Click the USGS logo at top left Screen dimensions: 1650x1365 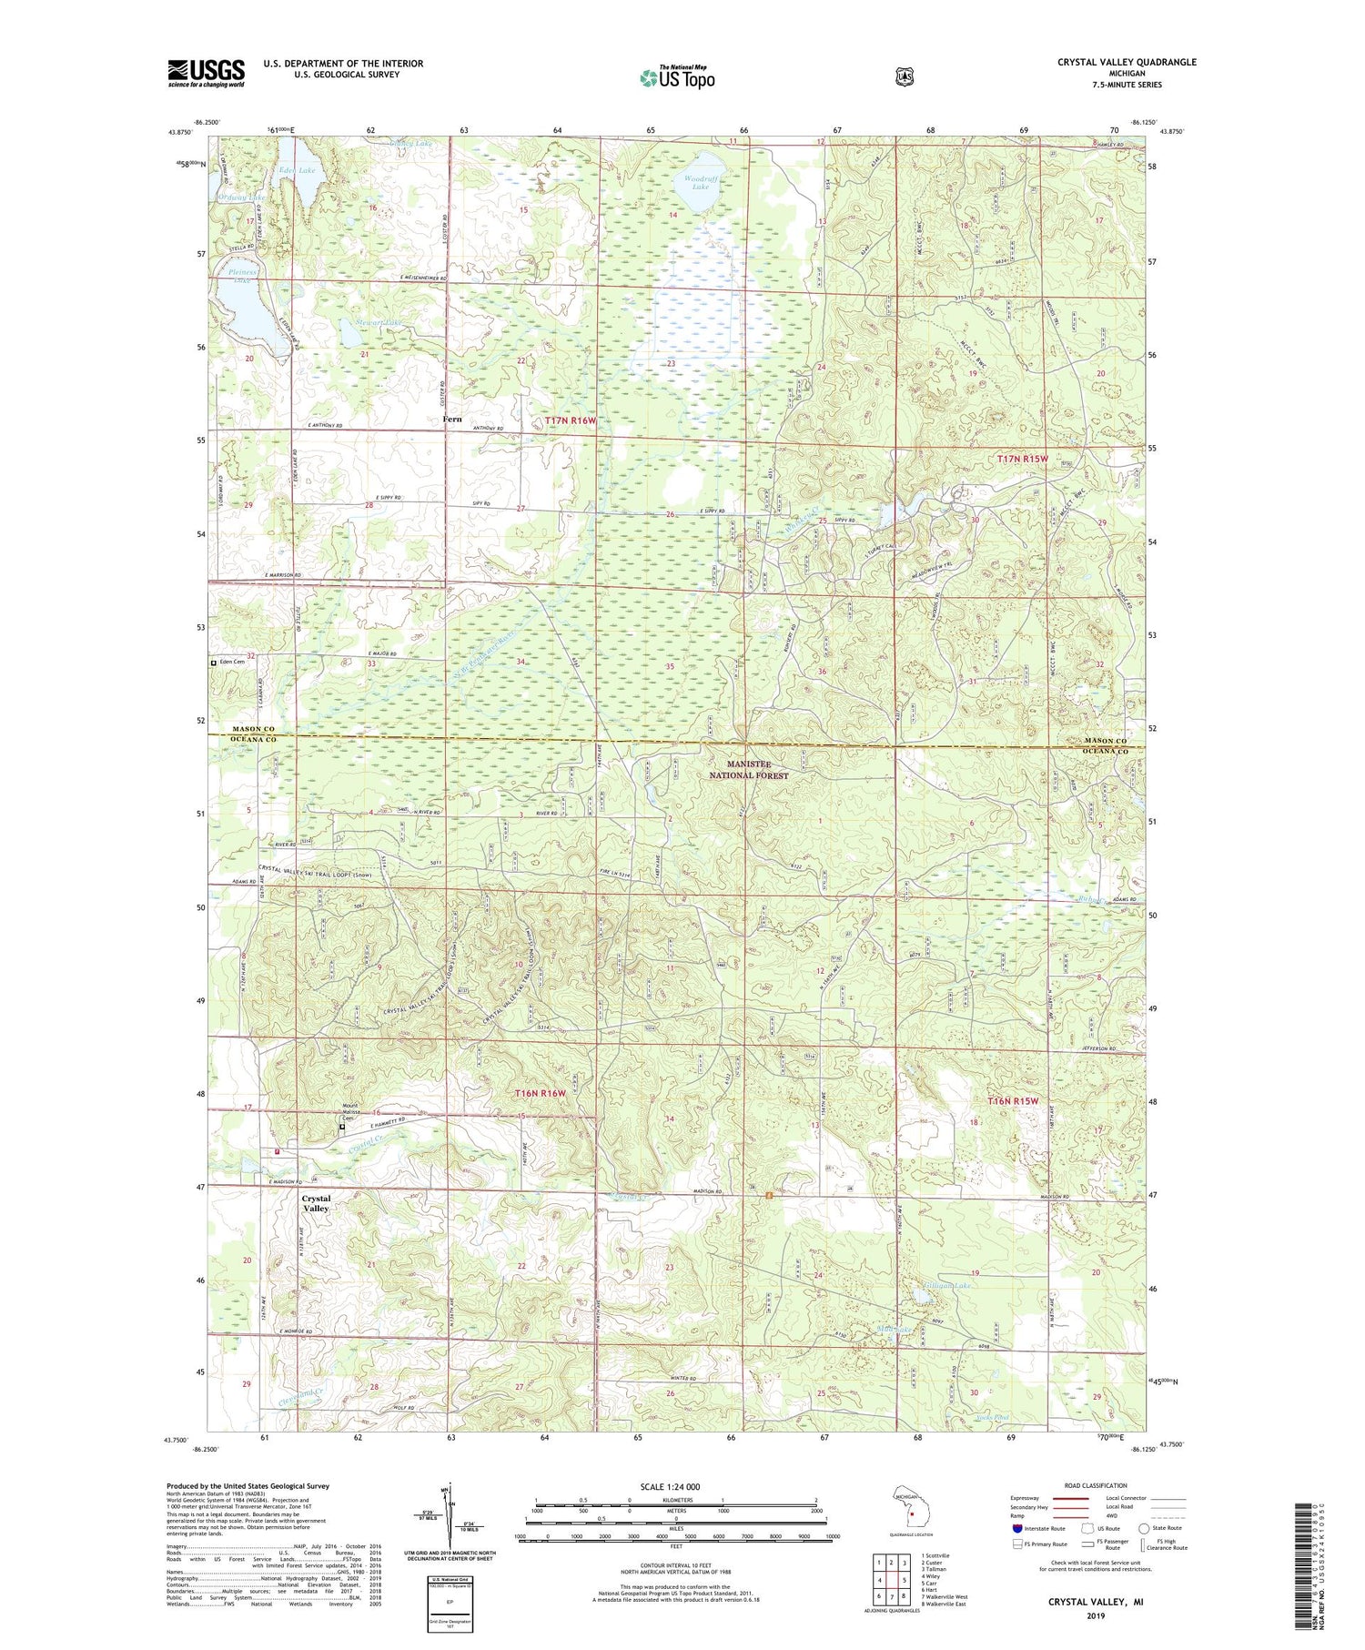coord(206,73)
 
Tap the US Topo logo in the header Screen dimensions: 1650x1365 coord(676,77)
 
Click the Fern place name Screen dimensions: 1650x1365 coord(451,420)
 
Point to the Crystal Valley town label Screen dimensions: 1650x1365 coord(316,1203)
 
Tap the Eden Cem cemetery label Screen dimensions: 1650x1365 coord(231,663)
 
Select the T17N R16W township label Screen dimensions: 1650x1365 coord(571,420)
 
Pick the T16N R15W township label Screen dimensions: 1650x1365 coord(1013,1101)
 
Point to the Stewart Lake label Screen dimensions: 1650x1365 coord(379,322)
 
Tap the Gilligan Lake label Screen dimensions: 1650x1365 coord(947,1285)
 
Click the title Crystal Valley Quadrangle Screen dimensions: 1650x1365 coord(1127,62)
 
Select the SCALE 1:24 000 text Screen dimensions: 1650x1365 coord(670,1486)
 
